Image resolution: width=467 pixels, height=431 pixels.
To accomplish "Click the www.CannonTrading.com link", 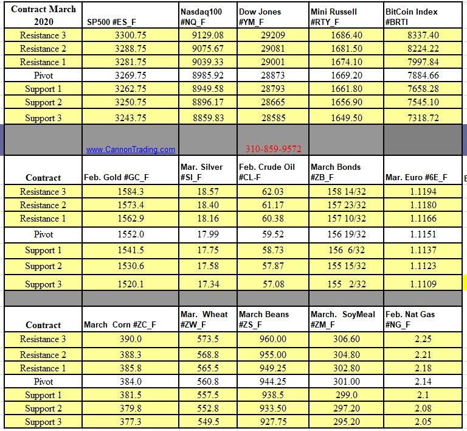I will click(130, 149).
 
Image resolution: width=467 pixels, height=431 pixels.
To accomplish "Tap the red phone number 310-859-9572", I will click(273, 149).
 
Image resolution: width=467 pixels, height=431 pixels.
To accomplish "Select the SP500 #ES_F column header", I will click(112, 22).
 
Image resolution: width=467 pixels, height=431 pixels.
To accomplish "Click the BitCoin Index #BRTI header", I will click(412, 16).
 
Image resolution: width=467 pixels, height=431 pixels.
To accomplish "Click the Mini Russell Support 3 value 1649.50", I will click(347, 118).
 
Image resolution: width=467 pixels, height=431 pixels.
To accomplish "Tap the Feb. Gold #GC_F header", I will click(116, 178).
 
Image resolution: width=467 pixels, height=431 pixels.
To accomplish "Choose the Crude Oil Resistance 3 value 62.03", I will click(272, 192).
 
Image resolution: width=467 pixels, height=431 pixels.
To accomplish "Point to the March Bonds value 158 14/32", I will click(347, 192).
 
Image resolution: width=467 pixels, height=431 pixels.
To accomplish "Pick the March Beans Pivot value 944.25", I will click(272, 382).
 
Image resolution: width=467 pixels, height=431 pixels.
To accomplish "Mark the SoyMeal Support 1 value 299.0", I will click(347, 395).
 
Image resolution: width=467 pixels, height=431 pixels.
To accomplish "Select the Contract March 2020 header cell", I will click(43, 15).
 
